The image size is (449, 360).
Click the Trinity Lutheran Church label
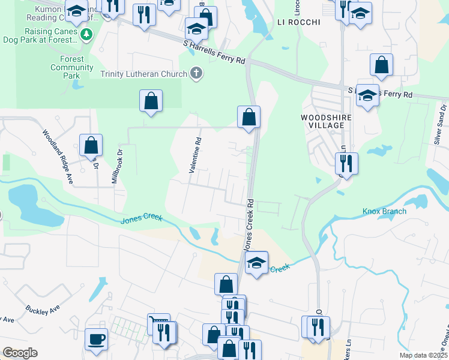click(x=143, y=74)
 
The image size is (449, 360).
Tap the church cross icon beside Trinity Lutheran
click(x=195, y=74)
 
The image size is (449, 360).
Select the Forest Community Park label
click(x=71, y=68)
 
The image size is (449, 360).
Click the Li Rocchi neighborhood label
click(x=299, y=22)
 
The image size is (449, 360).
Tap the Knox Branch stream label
click(x=384, y=211)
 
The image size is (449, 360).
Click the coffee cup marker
click(x=96, y=339)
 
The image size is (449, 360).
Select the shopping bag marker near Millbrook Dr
click(x=91, y=145)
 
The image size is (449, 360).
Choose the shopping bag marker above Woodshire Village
click(x=381, y=65)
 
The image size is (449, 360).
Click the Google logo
click(x=20, y=353)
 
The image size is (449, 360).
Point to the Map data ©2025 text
click(x=424, y=355)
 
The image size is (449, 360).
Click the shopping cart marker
click(x=158, y=324)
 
